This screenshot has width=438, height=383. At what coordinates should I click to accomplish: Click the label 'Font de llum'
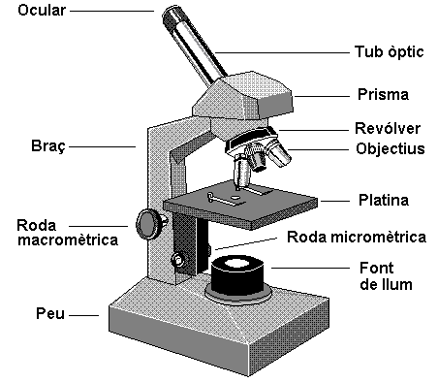[385, 275]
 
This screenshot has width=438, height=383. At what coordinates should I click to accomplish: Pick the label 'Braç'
[49, 148]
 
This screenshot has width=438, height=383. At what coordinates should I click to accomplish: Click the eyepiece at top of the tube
[175, 17]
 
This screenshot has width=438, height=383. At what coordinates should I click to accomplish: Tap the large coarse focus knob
[148, 223]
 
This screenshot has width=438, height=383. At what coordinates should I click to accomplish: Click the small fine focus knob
[178, 260]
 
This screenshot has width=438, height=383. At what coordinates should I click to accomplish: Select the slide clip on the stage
[226, 200]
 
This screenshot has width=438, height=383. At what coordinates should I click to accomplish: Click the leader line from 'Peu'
[87, 314]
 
